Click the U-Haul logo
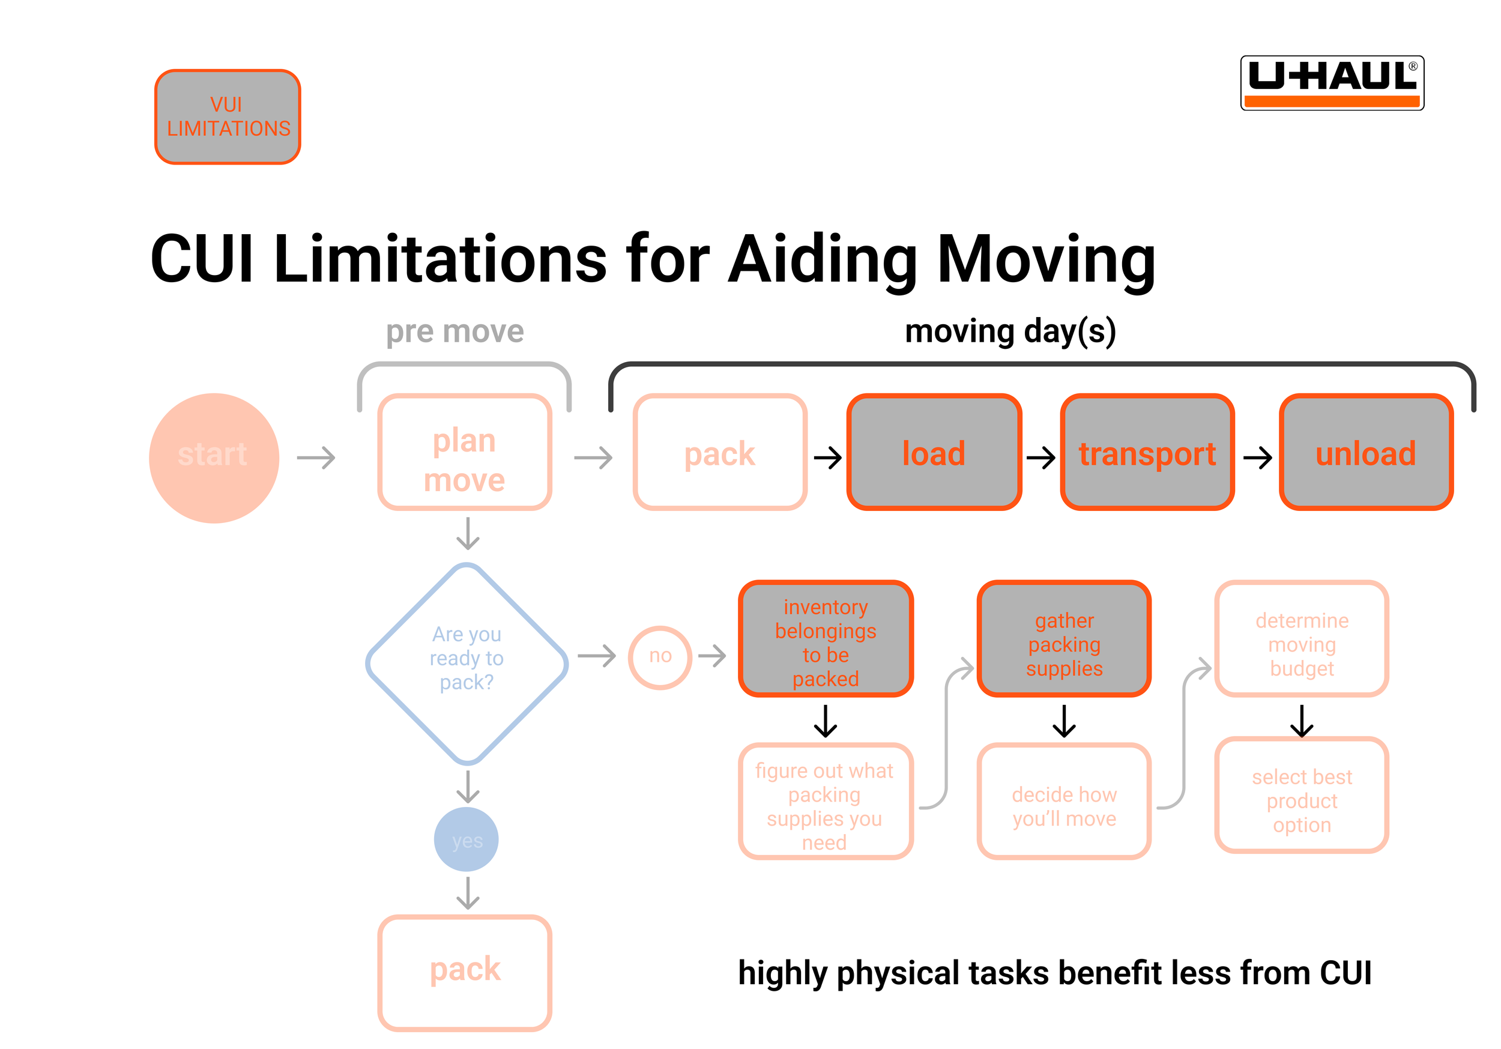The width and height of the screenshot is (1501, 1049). tap(1332, 83)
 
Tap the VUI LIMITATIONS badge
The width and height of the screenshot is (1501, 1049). tap(228, 117)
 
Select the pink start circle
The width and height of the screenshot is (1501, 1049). tap(214, 458)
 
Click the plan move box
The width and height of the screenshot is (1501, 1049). tap(465, 452)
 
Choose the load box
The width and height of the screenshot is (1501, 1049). tap(934, 452)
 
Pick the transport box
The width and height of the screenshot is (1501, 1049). tap(1147, 452)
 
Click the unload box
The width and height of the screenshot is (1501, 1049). tap(1366, 452)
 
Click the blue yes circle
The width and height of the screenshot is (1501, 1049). tap(467, 839)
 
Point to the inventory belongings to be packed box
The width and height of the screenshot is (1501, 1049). tap(826, 638)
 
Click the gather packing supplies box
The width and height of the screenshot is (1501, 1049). tap(1065, 638)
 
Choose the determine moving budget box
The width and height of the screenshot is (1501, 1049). tap(1302, 638)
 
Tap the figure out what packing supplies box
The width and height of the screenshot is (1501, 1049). tap(826, 801)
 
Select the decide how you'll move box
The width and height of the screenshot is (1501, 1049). tap(1065, 801)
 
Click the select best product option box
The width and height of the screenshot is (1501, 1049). tap(1302, 795)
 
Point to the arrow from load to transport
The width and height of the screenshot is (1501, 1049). tap(1040, 457)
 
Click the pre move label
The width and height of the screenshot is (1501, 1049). tap(455, 331)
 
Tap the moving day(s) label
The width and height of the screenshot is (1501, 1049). tap(1010, 331)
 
